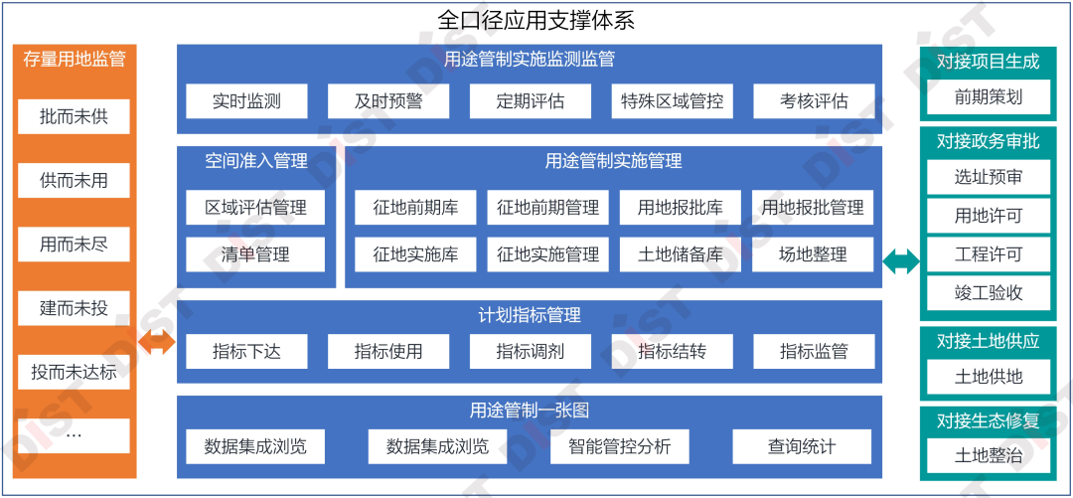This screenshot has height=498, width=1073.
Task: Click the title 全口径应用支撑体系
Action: coord(536,20)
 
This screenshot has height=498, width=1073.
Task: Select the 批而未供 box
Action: coord(74,117)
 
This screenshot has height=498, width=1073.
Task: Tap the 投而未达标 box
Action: coord(74,373)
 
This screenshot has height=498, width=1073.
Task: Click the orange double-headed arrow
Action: coord(157,344)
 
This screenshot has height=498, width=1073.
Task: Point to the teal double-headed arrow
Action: coord(901,261)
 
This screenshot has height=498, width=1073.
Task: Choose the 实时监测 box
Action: coord(246,101)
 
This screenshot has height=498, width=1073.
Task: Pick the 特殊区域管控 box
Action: coord(672,101)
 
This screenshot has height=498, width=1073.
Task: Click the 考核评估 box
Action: coord(814,101)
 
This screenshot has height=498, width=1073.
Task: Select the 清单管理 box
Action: coord(255,254)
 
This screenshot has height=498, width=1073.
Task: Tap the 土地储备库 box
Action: coord(681,254)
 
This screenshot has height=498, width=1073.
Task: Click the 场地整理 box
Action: coord(813,254)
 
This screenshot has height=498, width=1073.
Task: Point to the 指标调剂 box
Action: coord(530,351)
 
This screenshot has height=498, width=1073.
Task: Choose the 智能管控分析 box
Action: coord(620,446)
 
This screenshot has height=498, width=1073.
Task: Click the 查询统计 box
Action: coord(802,446)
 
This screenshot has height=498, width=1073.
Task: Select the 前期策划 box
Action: coord(988,97)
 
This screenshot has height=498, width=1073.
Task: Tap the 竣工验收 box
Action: coord(988,293)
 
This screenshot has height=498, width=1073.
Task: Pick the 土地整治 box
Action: coord(988,456)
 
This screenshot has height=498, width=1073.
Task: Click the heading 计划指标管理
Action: coord(530,315)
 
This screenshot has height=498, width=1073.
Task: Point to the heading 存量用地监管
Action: coord(74,59)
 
